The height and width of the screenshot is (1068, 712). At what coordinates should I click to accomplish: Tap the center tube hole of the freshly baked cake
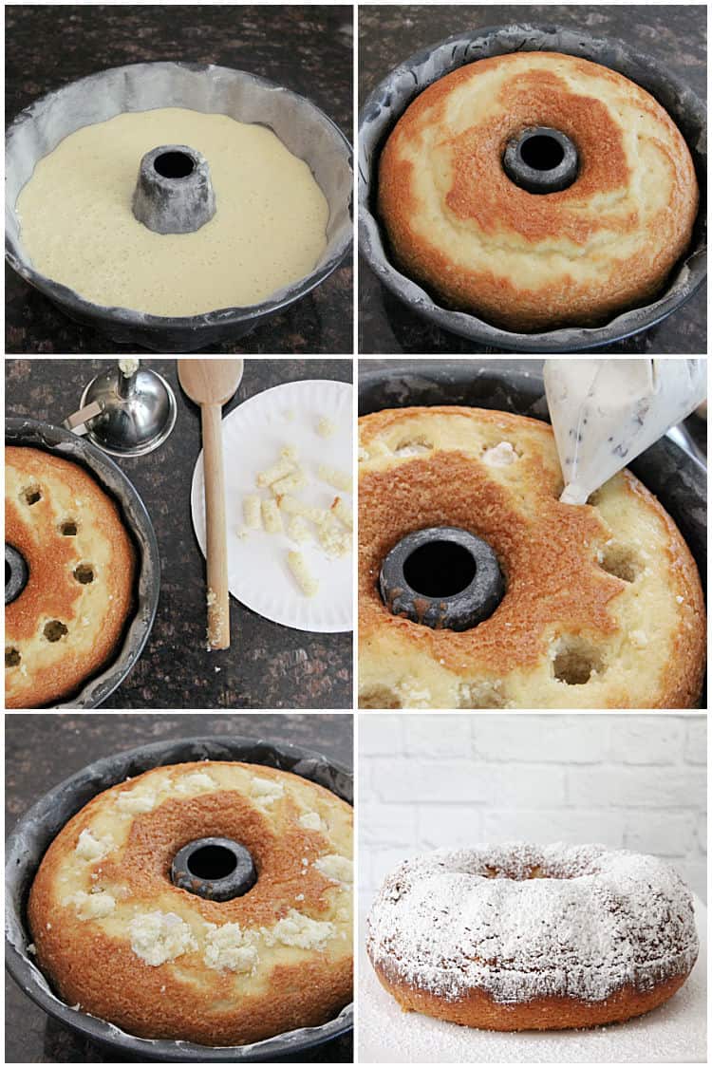540,158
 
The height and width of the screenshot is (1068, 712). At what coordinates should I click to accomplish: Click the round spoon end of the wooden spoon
211,382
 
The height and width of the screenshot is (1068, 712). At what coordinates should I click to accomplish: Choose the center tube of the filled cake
214,867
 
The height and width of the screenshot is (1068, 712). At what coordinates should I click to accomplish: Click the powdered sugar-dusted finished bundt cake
532,930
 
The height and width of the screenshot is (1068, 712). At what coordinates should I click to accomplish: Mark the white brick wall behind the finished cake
532,778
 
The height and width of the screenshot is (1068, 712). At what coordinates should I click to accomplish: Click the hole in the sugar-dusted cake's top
517,870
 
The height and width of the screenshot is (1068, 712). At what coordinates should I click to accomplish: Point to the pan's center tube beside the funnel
14,573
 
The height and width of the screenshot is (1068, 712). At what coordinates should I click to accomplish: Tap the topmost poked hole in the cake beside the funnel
32,495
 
